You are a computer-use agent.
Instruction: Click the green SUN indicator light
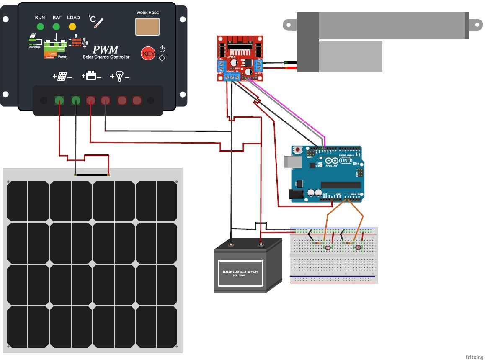click(x=40, y=27)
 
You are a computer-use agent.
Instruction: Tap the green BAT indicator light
click(x=56, y=27)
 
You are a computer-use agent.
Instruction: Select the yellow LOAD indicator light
click(x=72, y=27)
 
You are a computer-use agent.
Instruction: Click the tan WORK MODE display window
click(x=147, y=26)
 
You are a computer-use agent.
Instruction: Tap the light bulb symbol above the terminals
click(x=119, y=76)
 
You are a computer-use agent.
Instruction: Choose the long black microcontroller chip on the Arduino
click(x=340, y=185)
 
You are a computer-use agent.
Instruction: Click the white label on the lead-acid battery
click(x=240, y=273)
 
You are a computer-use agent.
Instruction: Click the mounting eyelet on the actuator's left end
click(x=289, y=24)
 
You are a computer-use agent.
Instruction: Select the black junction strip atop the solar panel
click(x=92, y=175)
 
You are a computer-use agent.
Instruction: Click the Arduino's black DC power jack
click(x=296, y=194)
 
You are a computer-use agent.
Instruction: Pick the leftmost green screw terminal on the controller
click(x=59, y=100)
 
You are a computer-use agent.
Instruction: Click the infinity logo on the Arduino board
click(x=332, y=161)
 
